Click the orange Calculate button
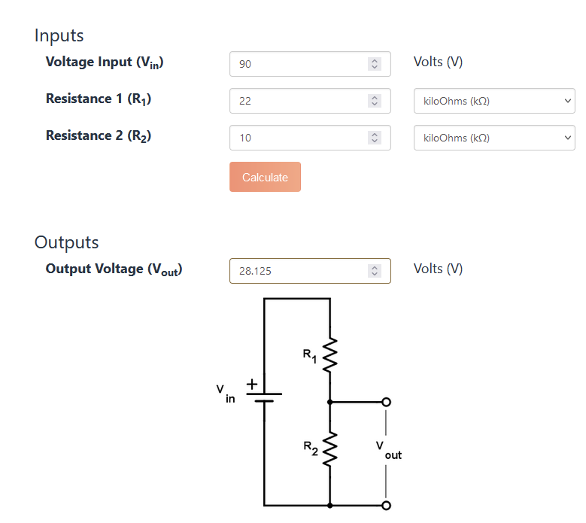[x=265, y=177]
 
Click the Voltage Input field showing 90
[x=301, y=64]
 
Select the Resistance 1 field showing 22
[x=301, y=101]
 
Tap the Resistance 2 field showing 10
[x=301, y=138]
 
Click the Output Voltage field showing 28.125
[x=301, y=271]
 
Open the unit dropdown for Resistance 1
[x=493, y=101]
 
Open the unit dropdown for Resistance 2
[x=493, y=138]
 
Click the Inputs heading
[x=59, y=35]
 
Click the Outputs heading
[x=67, y=242]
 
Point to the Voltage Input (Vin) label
[x=105, y=62]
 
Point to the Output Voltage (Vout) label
[x=114, y=269]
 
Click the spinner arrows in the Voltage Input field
[x=375, y=64]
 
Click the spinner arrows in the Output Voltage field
[x=375, y=271]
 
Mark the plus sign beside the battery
[x=254, y=384]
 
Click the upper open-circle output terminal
[x=387, y=402]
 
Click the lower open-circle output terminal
[x=387, y=505]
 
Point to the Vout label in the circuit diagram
[x=389, y=452]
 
